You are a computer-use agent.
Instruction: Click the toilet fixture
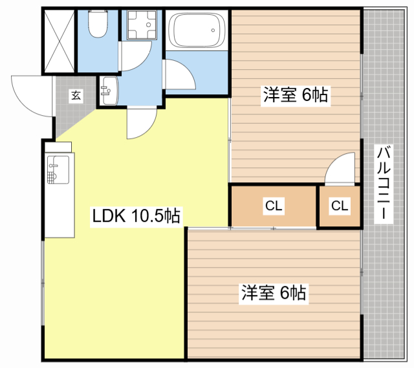coord(98,24)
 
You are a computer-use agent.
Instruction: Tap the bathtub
coord(197,30)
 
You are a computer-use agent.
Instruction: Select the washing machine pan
coord(142,25)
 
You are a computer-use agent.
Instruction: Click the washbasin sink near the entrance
coord(109,91)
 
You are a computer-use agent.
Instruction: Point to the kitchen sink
coord(58,169)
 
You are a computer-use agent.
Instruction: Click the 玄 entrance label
coord(76,96)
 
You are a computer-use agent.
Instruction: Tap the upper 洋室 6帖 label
coord(296,95)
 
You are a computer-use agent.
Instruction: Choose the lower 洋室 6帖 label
coord(274,292)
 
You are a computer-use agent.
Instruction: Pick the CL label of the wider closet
coord(274,206)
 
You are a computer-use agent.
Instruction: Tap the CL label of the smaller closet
coord(340,206)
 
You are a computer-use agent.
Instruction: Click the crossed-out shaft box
coord(60,41)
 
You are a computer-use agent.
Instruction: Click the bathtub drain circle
coord(213,30)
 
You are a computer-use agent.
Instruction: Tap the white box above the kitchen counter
coord(58,147)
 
